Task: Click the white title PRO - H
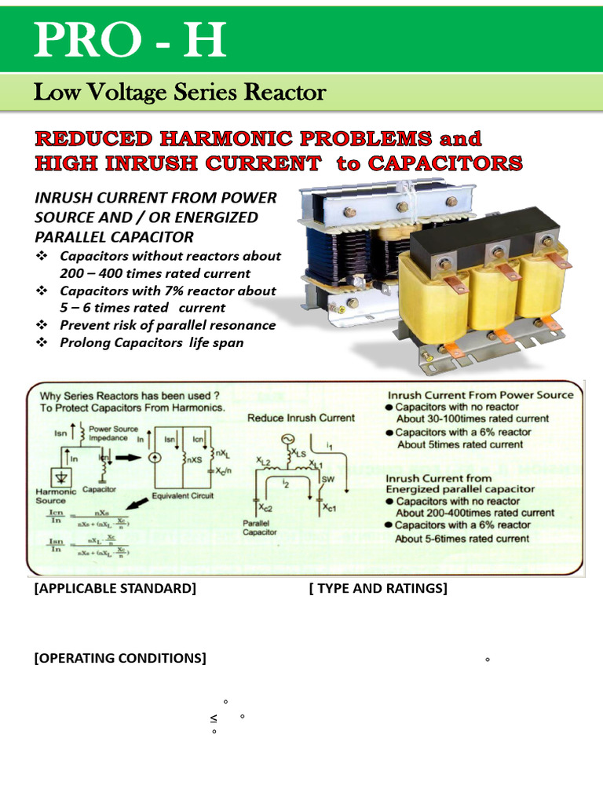tap(129, 40)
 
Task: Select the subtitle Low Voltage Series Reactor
tap(179, 93)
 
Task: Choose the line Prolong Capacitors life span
tap(152, 342)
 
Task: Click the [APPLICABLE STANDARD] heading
tap(115, 588)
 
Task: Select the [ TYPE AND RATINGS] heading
tap(378, 588)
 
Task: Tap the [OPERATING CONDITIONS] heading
tap(120, 658)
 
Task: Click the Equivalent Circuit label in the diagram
tap(183, 496)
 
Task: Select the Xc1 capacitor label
tap(329, 507)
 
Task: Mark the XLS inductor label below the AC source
tap(301, 453)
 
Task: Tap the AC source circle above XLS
tap(287, 438)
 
